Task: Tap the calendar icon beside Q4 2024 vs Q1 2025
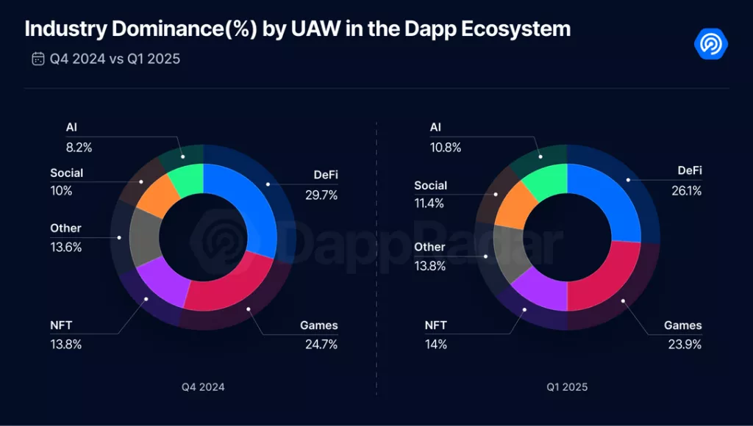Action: click(x=38, y=59)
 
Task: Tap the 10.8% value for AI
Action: click(x=446, y=148)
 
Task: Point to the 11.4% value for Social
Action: click(x=429, y=203)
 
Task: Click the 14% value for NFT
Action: click(x=436, y=344)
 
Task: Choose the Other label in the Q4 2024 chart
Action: click(x=65, y=228)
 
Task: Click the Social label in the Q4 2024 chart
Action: click(x=66, y=173)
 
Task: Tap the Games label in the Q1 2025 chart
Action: click(x=683, y=325)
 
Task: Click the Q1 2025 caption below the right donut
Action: click(x=567, y=386)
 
